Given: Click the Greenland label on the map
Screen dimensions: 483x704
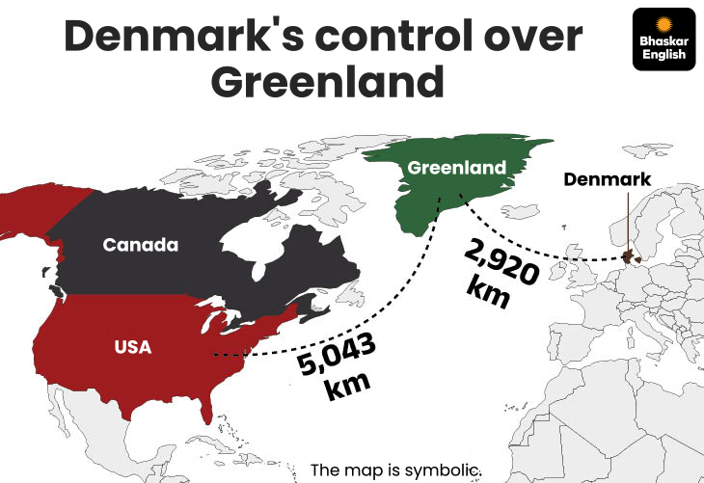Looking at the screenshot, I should coord(456,168).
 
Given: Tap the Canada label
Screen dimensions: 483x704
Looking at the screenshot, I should coord(141,245).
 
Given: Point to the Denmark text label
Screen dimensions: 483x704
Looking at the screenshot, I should coord(607,179).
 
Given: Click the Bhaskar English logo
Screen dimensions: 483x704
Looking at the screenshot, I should coord(663,39).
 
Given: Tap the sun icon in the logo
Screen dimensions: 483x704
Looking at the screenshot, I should coord(663,23).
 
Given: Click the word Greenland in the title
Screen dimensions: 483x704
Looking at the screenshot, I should coord(327,82).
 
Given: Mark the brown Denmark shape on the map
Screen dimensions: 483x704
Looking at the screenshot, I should coord(632,256).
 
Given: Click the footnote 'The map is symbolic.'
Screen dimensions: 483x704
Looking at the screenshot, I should coord(394,470).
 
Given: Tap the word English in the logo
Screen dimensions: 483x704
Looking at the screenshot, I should coord(663,55).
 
